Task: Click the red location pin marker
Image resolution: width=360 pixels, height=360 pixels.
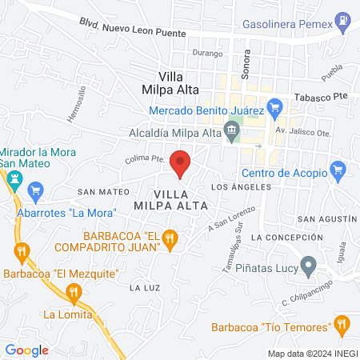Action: coord(180,162)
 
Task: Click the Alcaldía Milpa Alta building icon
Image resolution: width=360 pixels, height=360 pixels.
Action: coord(232,128)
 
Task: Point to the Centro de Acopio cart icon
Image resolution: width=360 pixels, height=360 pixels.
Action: coord(338,170)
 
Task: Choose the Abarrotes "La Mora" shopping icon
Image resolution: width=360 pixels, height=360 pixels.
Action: coord(34,191)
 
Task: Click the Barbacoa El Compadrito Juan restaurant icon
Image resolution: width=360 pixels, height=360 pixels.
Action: coord(169,238)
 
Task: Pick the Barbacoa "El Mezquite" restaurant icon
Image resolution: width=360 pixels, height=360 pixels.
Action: coord(21,253)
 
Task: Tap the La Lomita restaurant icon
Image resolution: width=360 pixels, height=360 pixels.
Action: coord(74,293)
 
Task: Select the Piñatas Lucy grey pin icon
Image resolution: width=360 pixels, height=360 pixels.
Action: coord(308,266)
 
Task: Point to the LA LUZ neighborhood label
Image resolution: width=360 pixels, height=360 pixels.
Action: coord(146,286)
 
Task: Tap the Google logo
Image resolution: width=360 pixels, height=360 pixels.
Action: coord(26,350)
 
